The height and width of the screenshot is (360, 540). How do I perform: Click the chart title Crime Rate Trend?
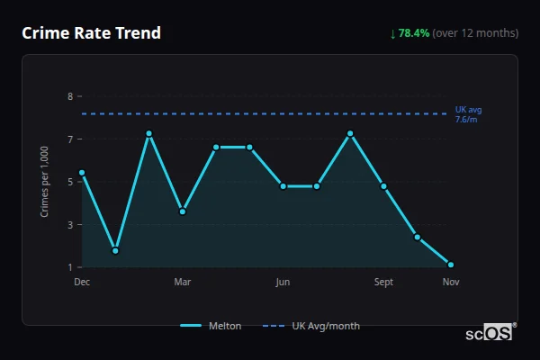point(91,33)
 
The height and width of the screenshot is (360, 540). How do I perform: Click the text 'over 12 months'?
point(475,33)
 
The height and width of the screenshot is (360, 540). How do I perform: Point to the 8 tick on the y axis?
point(70,96)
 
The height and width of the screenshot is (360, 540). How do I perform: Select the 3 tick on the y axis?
point(70,225)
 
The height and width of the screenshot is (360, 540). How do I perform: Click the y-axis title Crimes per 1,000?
point(45,182)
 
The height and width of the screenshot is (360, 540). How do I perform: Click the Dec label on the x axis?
point(82,282)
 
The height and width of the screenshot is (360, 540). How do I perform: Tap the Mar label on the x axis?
point(183,282)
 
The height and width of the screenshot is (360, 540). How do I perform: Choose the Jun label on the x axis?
point(283,282)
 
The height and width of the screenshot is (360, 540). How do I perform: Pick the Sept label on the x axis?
point(383,282)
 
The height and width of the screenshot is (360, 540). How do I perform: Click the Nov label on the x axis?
point(451,282)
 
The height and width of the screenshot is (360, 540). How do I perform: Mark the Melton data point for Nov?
point(451,265)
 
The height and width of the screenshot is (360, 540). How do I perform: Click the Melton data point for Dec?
point(82,172)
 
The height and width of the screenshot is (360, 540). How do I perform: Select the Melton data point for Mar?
point(183,211)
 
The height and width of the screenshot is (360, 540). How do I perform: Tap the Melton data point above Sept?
point(383,186)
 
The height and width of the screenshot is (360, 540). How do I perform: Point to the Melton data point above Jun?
point(283,186)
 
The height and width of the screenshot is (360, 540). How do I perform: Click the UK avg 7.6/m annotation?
point(468,114)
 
